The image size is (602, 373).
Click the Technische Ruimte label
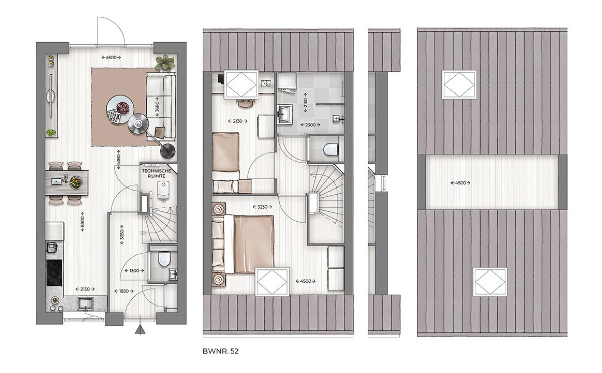tap(157, 173)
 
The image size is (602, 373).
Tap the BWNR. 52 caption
tap(220, 351)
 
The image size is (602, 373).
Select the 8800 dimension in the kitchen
tap(82, 222)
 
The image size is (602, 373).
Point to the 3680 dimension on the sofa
tap(157, 107)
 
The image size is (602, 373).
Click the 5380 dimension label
tap(118, 160)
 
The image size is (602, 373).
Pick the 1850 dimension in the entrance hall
tap(124, 291)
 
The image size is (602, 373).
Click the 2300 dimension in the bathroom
tap(310, 125)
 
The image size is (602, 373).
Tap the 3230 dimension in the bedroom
tap(262, 207)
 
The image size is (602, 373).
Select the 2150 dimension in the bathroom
tap(305, 103)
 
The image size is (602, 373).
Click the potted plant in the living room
tap(165, 63)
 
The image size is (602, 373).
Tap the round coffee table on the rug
tap(120, 109)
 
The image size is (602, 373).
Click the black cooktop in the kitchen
tap(54, 273)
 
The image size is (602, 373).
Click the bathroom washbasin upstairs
tap(285, 114)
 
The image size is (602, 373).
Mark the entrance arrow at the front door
tap(140, 330)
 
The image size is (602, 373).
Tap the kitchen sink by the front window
tap(85, 303)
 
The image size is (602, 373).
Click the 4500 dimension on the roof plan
tap(461, 183)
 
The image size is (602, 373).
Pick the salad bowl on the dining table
tap(76, 182)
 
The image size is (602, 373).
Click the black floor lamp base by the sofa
tap(168, 151)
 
